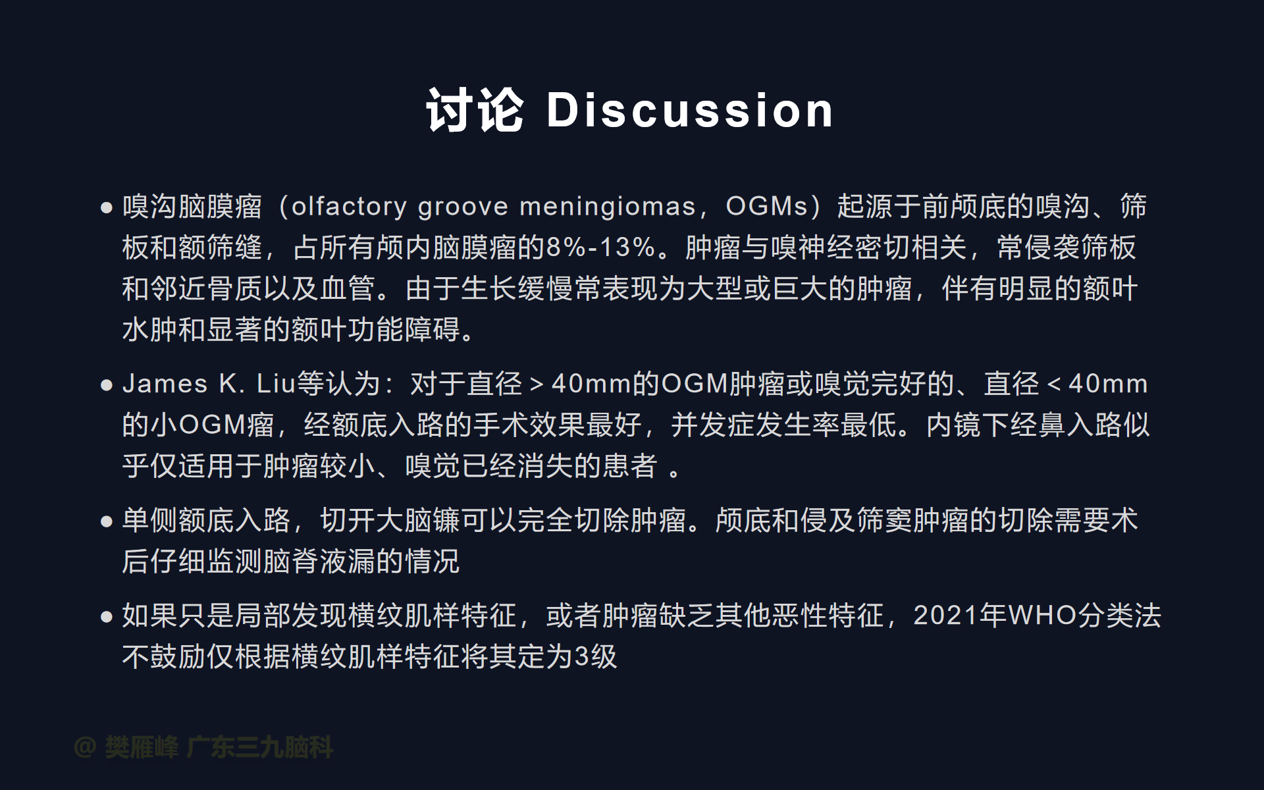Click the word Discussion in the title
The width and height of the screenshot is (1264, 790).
[690, 110]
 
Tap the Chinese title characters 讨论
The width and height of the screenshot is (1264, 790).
[475, 110]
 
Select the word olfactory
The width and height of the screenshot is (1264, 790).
[349, 207]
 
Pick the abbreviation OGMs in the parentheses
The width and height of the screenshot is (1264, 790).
[766, 207]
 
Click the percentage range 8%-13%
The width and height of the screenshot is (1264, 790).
[600, 248]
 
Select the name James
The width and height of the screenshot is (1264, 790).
[165, 384]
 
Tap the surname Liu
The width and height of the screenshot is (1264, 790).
[276, 384]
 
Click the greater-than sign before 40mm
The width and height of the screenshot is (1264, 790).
[537, 384]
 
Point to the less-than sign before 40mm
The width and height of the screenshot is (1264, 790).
[1054, 384]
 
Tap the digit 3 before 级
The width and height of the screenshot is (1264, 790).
[582, 656]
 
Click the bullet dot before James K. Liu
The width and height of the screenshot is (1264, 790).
[107, 385]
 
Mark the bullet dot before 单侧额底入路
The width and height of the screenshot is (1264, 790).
[107, 521]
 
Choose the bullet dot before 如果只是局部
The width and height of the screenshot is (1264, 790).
[107, 617]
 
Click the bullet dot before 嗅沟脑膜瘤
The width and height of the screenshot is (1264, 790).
[107, 208]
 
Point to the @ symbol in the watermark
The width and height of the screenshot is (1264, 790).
[86, 747]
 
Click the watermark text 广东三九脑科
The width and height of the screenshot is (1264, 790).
[260, 747]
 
